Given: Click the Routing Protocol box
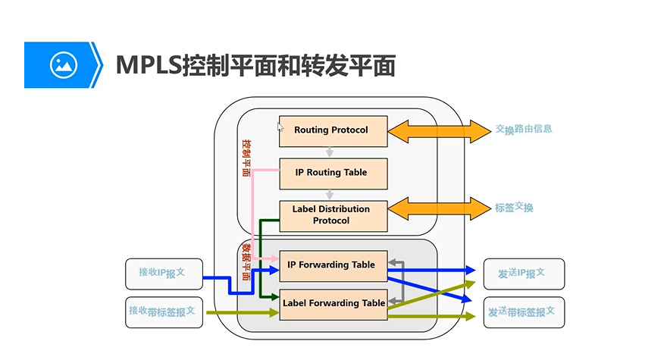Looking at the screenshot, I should [x=333, y=130].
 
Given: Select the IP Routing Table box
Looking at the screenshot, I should [x=333, y=173].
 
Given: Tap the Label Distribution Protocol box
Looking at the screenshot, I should [x=333, y=215].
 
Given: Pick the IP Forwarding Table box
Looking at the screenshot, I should [x=333, y=265].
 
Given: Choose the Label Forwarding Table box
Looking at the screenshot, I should [x=333, y=303].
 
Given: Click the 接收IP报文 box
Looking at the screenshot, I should [x=164, y=274].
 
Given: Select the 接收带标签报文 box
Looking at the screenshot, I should [x=164, y=311].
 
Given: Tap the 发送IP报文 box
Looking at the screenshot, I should [x=523, y=274].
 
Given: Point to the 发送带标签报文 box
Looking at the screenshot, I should [x=523, y=311].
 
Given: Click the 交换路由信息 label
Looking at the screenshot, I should [x=524, y=130].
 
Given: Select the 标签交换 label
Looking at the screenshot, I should [x=514, y=208].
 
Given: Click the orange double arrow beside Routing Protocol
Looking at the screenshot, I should [x=440, y=130].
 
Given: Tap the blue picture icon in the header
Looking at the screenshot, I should [x=64, y=65].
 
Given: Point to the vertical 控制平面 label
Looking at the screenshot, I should [x=246, y=157].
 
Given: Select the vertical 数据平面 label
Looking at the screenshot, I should [x=246, y=261].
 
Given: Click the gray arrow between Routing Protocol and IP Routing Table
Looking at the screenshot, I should [x=330, y=152].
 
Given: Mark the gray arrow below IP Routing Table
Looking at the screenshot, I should [x=330, y=194].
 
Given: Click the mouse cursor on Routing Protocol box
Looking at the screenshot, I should [x=280, y=127].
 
